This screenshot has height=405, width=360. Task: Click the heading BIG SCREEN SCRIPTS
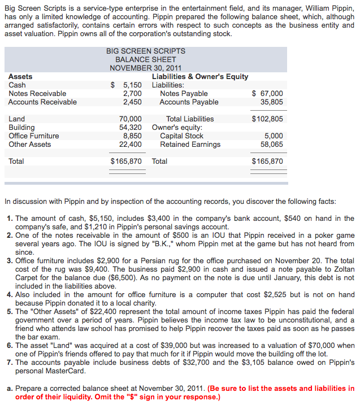coord(146,51)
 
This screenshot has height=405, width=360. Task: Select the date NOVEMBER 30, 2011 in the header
coord(146,68)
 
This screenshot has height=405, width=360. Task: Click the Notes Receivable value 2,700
coord(132,94)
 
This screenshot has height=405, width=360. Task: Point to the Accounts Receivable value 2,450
coord(132,102)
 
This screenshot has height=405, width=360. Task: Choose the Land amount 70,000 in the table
coord(131,119)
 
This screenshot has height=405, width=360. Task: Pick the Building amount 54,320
coord(131,128)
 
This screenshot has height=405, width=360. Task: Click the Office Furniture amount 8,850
coord(132,136)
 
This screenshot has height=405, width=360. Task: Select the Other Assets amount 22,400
coord(131,145)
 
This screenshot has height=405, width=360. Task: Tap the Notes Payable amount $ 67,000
coord(267,94)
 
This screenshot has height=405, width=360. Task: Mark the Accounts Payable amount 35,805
coord(272,102)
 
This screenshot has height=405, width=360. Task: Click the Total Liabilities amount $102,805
coord(267,119)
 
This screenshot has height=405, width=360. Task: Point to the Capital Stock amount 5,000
coord(274,136)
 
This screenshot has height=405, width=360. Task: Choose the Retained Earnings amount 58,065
coord(272,145)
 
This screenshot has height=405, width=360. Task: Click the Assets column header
coord(21,77)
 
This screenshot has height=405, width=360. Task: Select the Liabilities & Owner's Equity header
coord(200,77)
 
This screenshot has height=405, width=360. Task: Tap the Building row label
coord(21,128)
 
